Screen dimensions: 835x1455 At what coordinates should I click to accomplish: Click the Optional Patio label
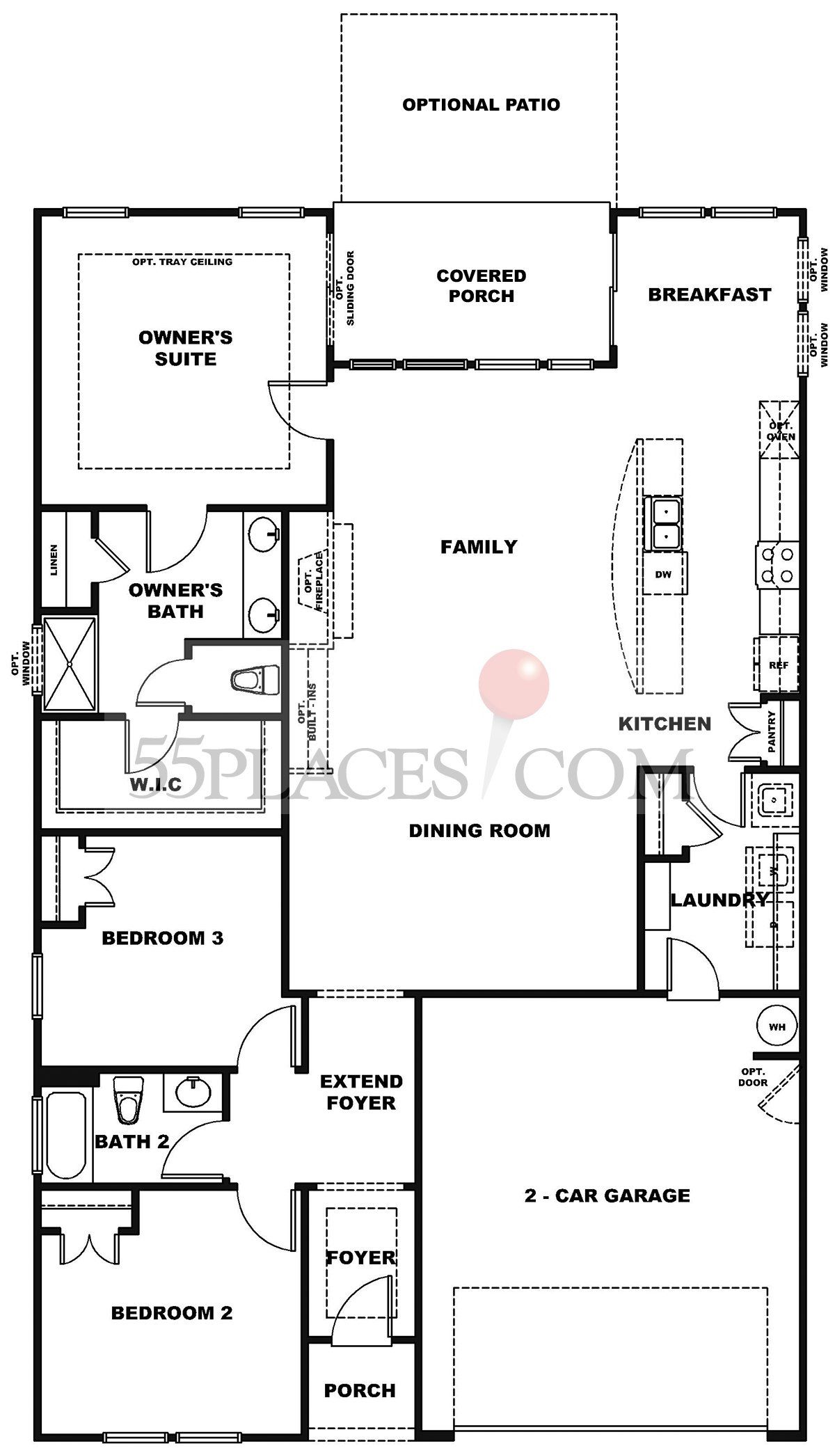pos(481,104)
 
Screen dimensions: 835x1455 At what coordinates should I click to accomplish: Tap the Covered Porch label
pos(481,285)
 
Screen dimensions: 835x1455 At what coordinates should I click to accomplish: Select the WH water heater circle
pos(777,1027)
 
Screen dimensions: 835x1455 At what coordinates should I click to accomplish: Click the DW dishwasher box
pos(664,573)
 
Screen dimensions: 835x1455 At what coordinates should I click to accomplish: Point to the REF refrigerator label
pos(779,665)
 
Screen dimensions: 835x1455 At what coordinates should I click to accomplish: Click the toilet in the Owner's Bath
pos(255,680)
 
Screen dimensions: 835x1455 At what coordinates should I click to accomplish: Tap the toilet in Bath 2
pos(127,1099)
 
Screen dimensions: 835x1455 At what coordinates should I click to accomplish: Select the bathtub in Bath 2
pos(67,1134)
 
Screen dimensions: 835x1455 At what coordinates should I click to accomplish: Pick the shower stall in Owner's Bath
pos(70,664)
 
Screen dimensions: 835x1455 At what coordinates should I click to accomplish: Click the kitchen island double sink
pos(663,523)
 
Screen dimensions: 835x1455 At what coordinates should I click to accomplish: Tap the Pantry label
pos(771,731)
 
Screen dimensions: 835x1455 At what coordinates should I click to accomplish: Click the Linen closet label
pos(54,559)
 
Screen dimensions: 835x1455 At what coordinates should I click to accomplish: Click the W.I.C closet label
pos(156,785)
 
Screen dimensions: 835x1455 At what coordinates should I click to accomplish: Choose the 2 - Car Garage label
pos(607,1195)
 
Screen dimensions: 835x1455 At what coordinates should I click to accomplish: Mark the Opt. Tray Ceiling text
pos(182,262)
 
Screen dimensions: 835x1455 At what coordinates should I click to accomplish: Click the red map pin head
pos(514,683)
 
